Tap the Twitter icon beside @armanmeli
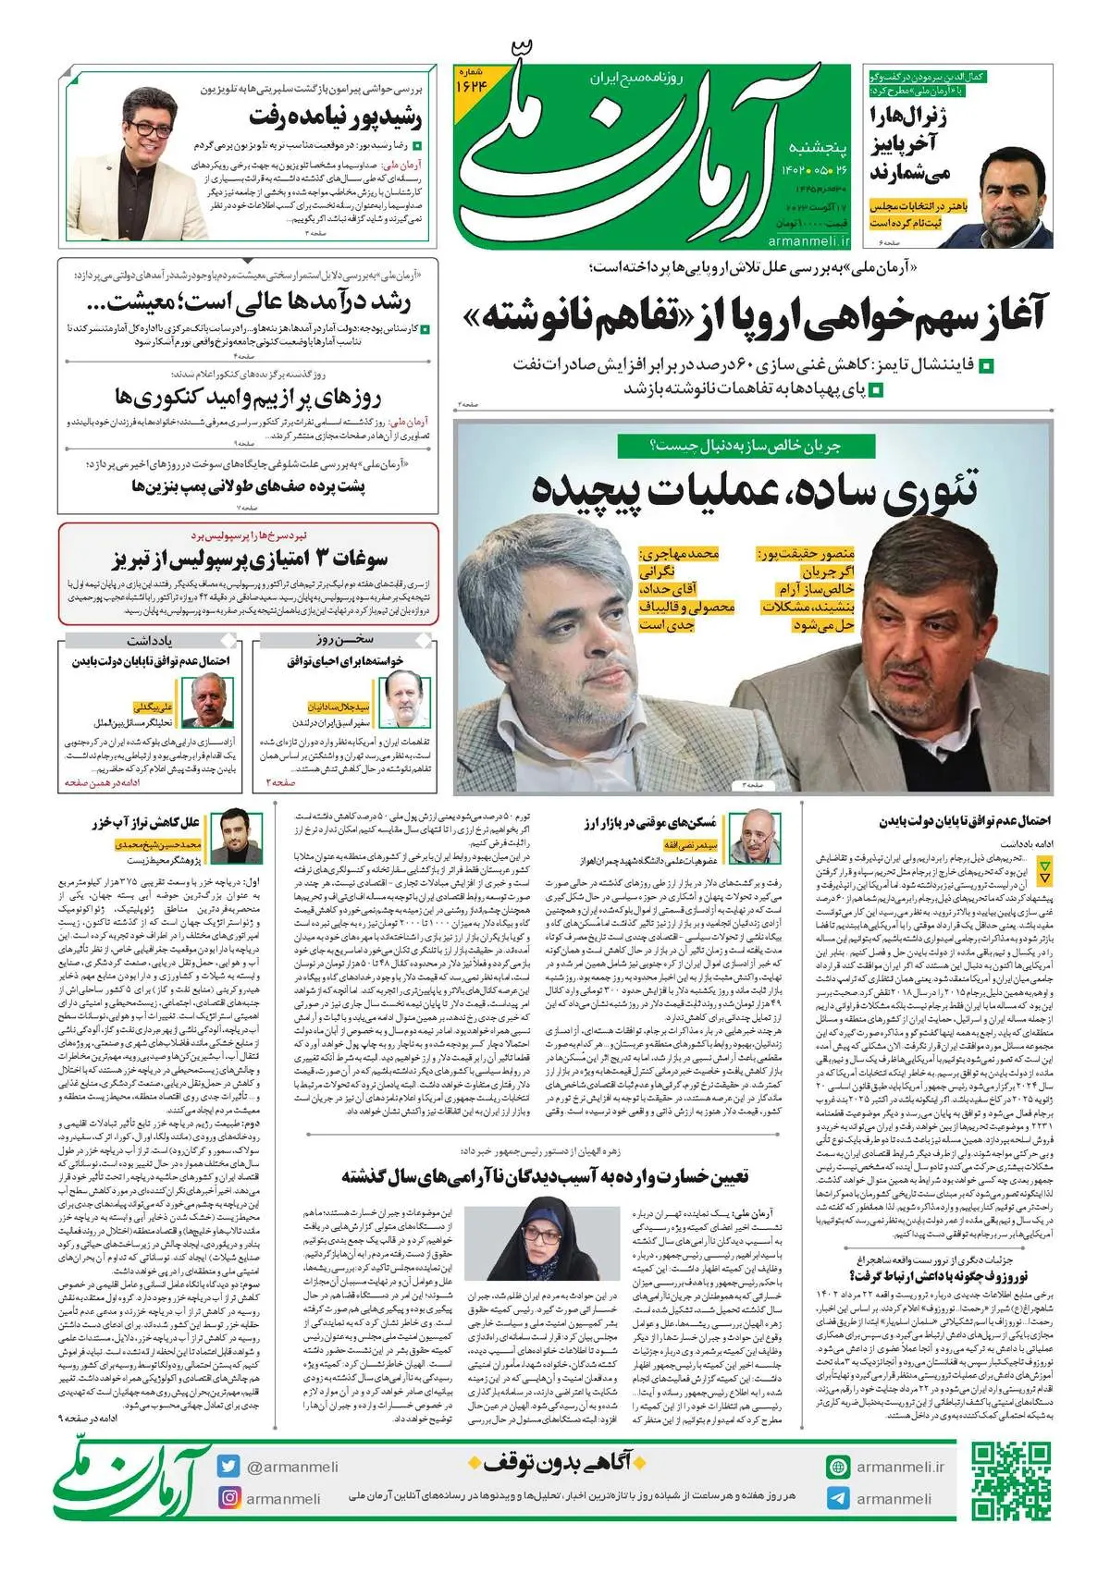point(229,1467)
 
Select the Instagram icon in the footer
point(229,1498)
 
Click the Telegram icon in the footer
point(838,1498)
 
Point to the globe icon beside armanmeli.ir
point(838,1467)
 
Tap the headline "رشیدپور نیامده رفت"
point(335,117)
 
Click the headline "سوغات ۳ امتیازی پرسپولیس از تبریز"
point(250,559)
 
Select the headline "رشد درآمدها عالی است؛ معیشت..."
point(259,301)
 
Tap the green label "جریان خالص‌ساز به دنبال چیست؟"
point(746,446)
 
